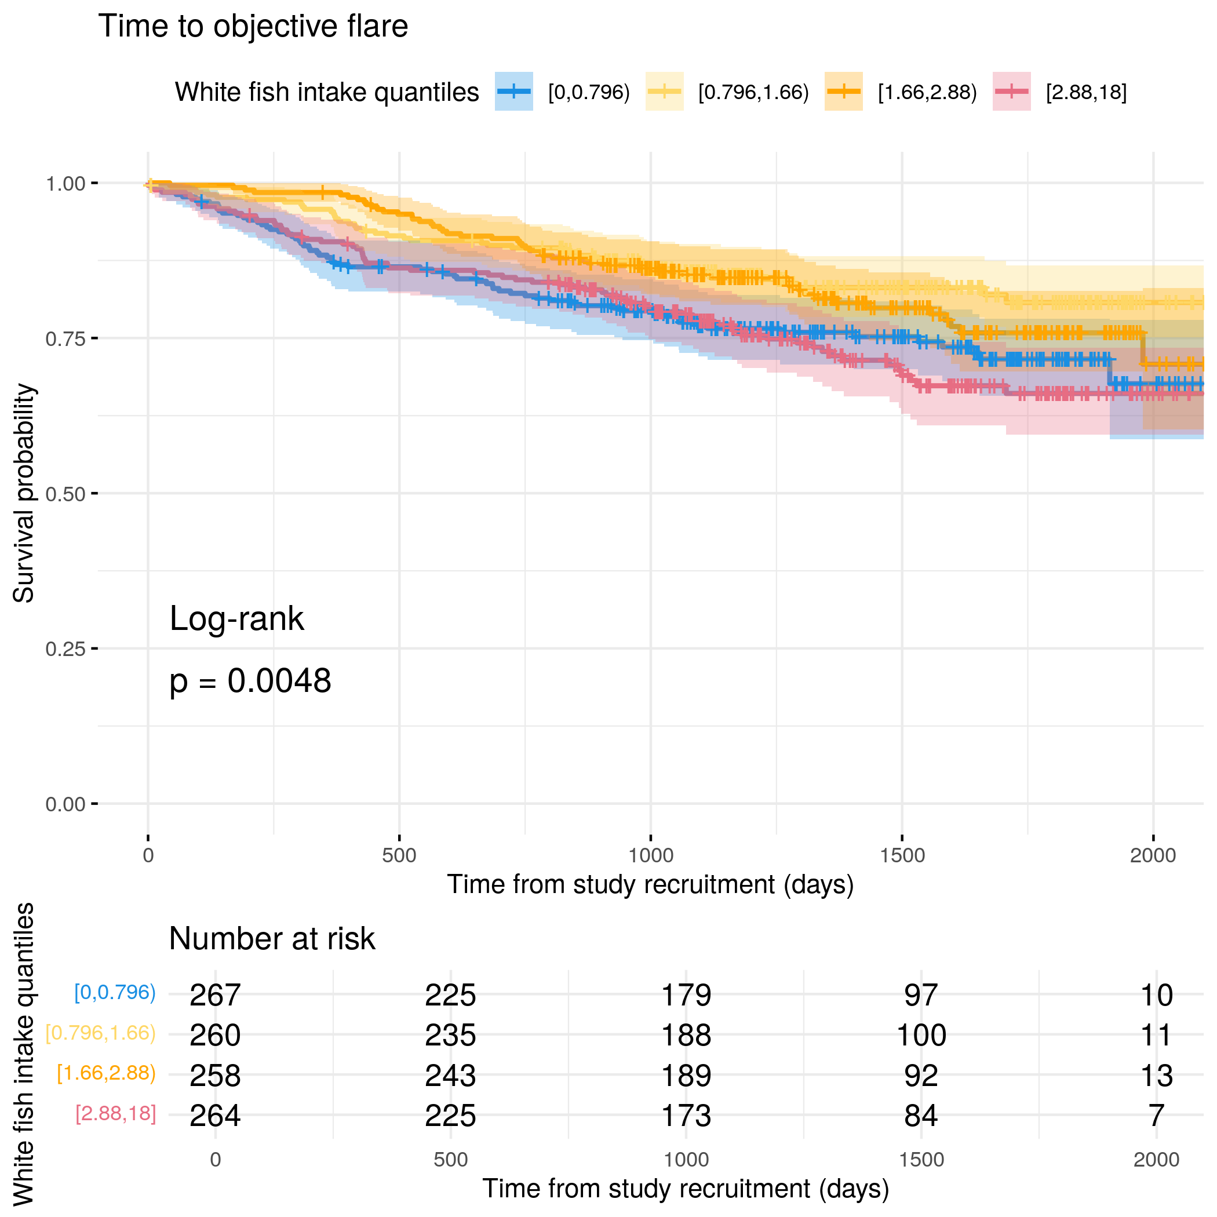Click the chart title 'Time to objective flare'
coord(253,27)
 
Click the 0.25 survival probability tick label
coord(65,649)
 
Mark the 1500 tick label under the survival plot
coord(902,855)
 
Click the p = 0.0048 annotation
coord(250,681)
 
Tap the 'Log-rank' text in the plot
coord(236,618)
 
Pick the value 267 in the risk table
coord(215,995)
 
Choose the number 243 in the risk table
coord(450,1076)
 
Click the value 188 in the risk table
coord(686,1036)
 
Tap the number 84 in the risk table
coord(921,1116)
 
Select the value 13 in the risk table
coord(1157,1076)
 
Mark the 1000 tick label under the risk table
coord(686,1160)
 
